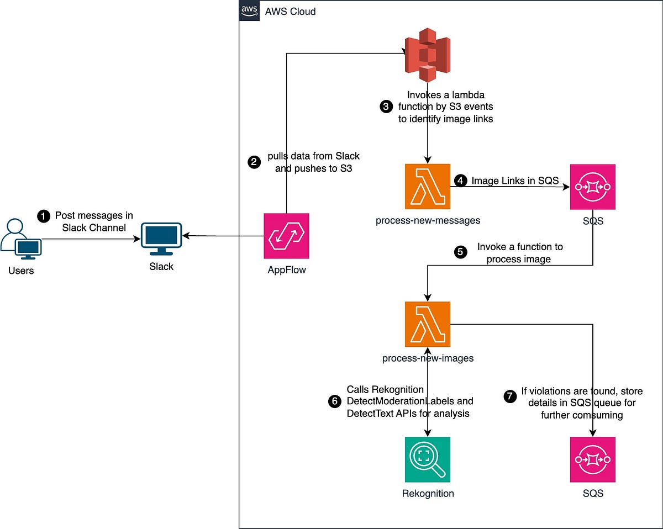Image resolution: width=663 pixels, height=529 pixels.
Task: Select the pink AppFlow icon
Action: click(286, 236)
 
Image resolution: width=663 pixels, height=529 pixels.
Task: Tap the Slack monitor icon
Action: click(161, 238)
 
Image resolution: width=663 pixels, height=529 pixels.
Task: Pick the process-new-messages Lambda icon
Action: click(427, 187)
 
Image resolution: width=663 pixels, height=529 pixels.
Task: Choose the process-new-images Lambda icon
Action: click(427, 324)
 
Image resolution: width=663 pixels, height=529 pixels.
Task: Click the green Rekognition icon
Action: click(427, 459)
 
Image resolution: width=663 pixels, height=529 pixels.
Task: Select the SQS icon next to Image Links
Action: click(593, 187)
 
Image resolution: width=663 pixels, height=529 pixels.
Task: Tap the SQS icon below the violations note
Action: click(593, 459)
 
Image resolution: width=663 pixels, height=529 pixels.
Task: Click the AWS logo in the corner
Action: click(249, 10)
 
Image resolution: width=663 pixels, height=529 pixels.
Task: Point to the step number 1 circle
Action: click(43, 216)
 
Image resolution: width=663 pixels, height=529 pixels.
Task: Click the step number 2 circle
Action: click(254, 162)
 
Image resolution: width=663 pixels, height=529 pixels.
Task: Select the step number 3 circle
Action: click(386, 107)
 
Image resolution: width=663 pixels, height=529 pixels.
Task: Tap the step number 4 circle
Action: click(460, 180)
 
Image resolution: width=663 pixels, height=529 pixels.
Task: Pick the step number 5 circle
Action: click(460, 252)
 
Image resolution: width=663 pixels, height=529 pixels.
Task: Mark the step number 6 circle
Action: click(334, 401)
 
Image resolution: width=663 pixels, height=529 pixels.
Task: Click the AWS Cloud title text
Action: click(291, 11)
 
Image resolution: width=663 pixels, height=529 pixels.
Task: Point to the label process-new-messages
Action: click(428, 220)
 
